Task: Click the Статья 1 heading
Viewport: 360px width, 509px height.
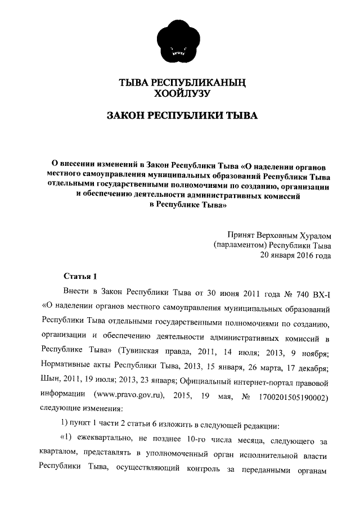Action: (79, 276)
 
